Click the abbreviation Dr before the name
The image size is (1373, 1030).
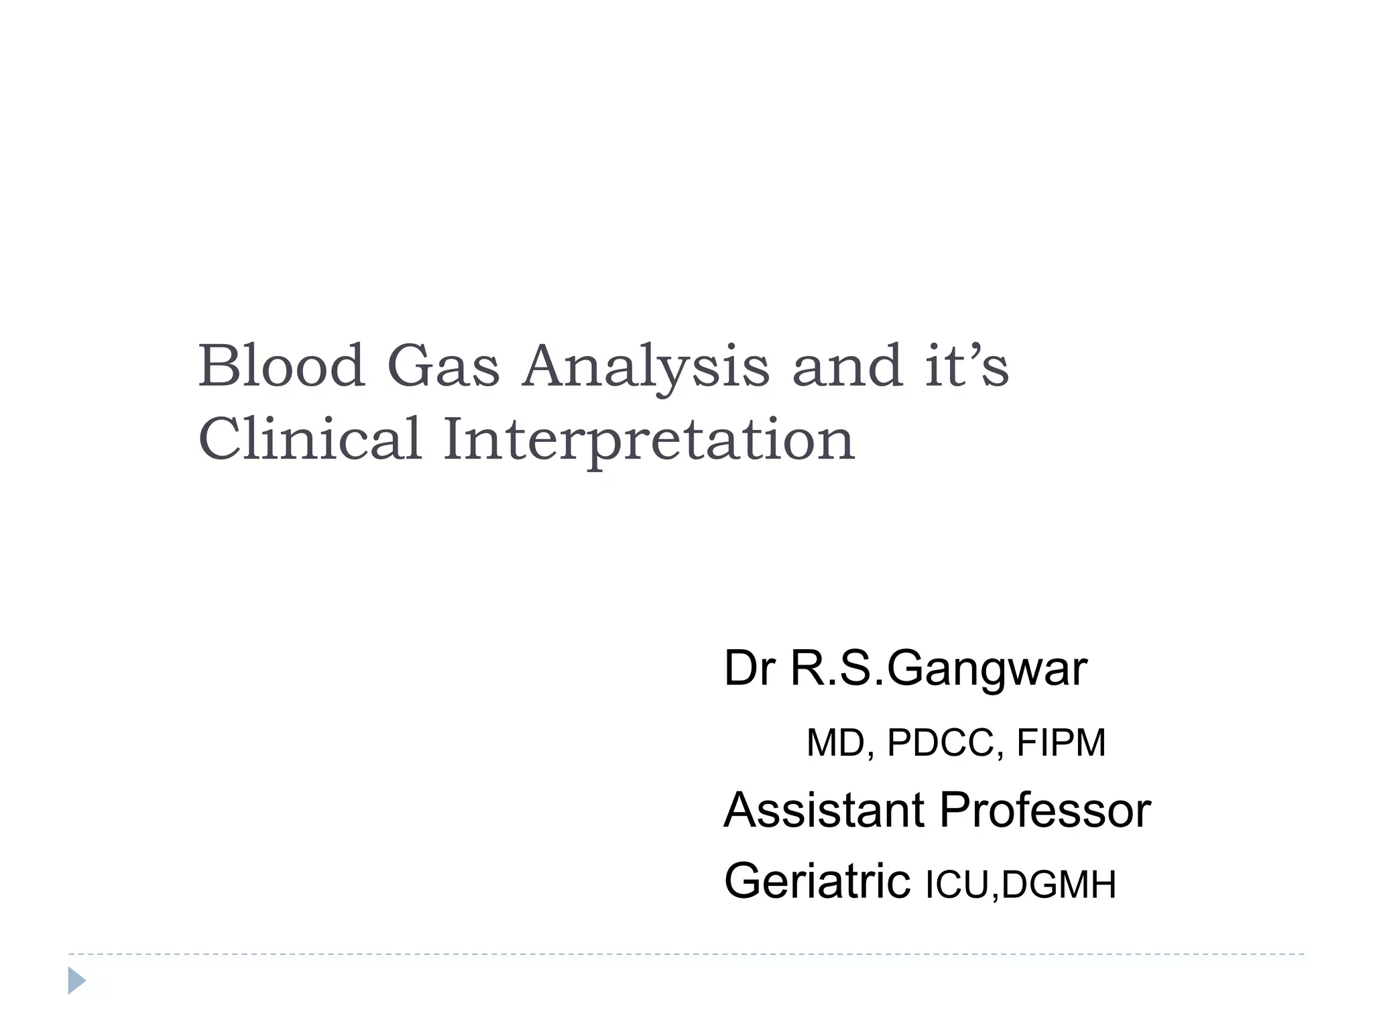tap(749, 669)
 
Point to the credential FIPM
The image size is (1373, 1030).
tap(1061, 743)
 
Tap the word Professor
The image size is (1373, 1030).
tap(1045, 810)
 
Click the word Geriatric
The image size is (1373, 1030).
tap(817, 881)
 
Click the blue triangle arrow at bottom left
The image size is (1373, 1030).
tap(76, 980)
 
